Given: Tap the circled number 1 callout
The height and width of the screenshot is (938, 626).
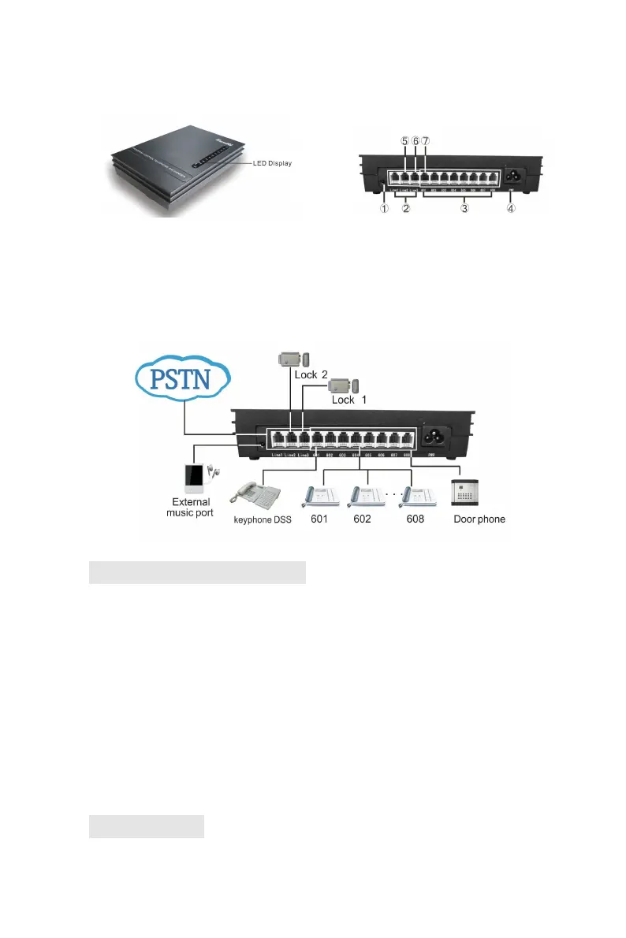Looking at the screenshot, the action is pos(384,210).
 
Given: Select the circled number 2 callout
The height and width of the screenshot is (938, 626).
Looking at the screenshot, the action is pos(406,210).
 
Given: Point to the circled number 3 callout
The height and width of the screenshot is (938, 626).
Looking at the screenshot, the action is pos(466,210).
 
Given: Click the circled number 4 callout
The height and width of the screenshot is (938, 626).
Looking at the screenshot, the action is pos(511,210).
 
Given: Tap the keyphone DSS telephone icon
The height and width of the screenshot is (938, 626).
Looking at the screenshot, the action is pos(255,496).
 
